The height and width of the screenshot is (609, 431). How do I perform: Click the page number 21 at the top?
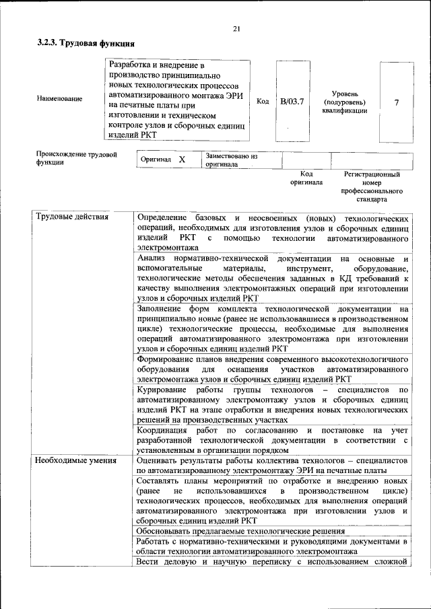236,28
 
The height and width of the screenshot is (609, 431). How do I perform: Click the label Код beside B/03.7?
263,102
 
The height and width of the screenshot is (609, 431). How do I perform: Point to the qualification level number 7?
396,102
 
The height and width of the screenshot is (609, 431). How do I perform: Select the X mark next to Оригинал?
182,159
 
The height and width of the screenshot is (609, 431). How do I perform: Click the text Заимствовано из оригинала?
232,159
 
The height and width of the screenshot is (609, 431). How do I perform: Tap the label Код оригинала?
306,178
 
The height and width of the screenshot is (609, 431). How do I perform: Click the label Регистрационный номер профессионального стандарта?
372,186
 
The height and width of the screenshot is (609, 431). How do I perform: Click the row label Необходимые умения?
76,461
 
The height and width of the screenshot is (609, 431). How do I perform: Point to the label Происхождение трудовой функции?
77,158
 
